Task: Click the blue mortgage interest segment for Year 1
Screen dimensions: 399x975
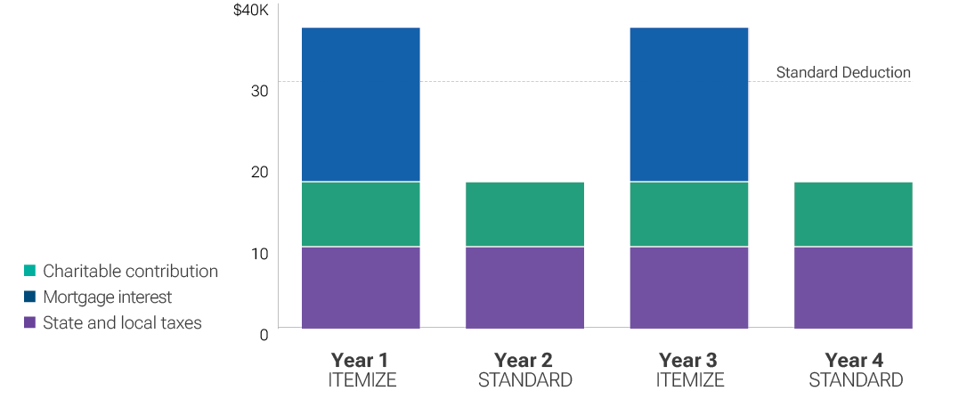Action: click(361, 104)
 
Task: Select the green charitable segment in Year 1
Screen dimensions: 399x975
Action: click(361, 214)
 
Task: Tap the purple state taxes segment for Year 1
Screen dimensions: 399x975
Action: click(361, 288)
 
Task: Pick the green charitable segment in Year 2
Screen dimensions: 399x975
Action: click(524, 214)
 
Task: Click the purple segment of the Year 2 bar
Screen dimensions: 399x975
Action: click(524, 288)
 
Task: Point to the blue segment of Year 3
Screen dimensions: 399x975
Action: click(689, 104)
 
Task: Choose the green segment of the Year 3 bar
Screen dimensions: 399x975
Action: click(689, 214)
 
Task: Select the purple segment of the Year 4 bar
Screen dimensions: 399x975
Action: click(853, 288)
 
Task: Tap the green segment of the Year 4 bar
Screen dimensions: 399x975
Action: click(853, 214)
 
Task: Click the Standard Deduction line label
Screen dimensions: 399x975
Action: click(843, 72)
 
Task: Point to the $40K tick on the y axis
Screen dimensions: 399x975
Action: click(250, 11)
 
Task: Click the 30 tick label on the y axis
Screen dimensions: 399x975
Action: click(259, 91)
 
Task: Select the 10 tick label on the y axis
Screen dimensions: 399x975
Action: click(259, 254)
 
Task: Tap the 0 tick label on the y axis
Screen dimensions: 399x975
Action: click(264, 335)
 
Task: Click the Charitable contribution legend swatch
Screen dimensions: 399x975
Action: click(30, 271)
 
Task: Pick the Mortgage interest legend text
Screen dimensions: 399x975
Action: click(107, 297)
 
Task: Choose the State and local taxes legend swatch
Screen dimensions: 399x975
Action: click(30, 322)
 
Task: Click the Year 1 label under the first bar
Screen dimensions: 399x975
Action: click(360, 360)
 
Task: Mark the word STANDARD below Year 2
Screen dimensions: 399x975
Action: click(524, 380)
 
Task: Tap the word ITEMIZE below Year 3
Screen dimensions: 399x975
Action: click(689, 380)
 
